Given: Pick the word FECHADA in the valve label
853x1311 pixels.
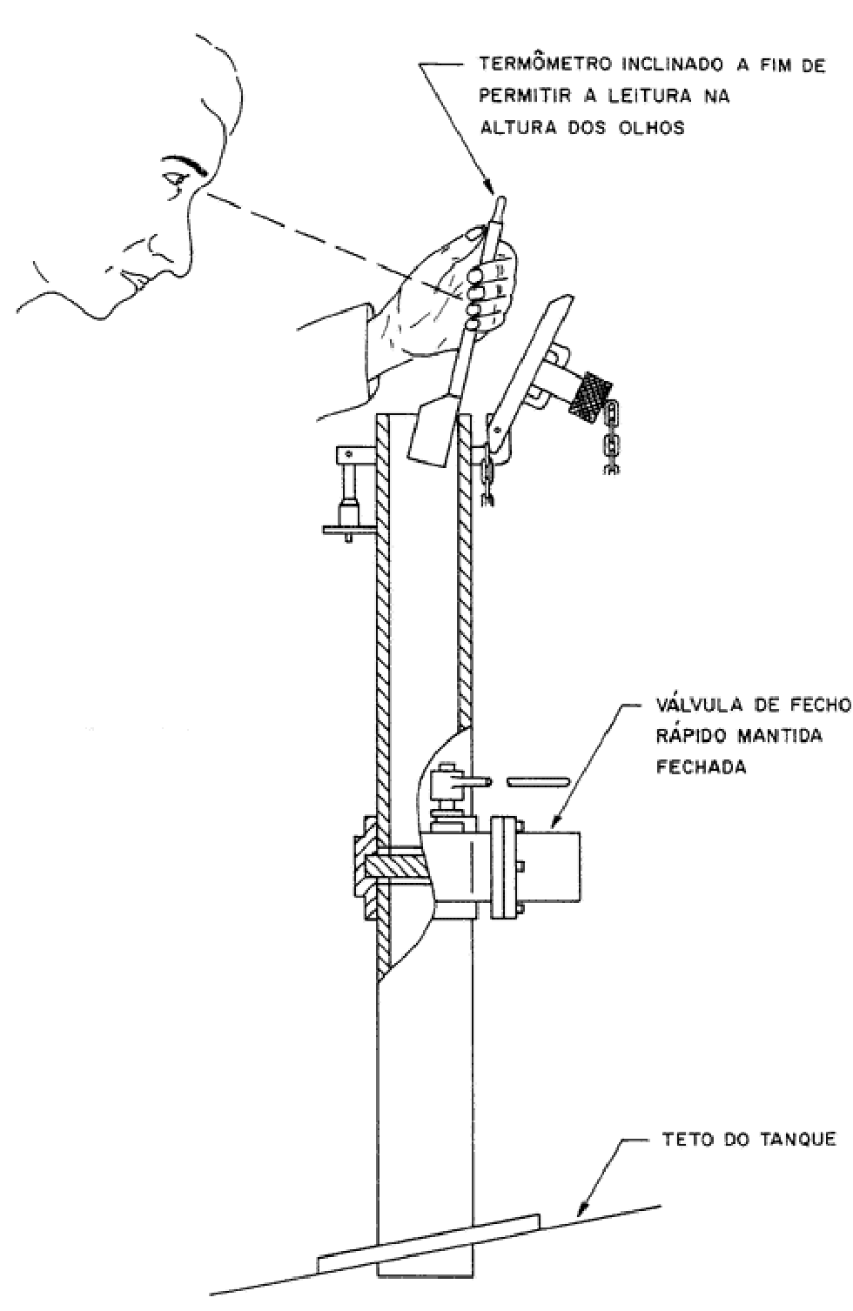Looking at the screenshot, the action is (x=701, y=766).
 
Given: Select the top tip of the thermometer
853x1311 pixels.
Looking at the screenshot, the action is (x=501, y=199).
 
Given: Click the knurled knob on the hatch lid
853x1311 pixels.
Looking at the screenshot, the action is (x=590, y=398).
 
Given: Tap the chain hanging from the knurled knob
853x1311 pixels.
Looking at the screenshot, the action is (x=611, y=437).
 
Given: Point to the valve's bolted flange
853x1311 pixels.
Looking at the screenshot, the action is (x=505, y=866).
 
